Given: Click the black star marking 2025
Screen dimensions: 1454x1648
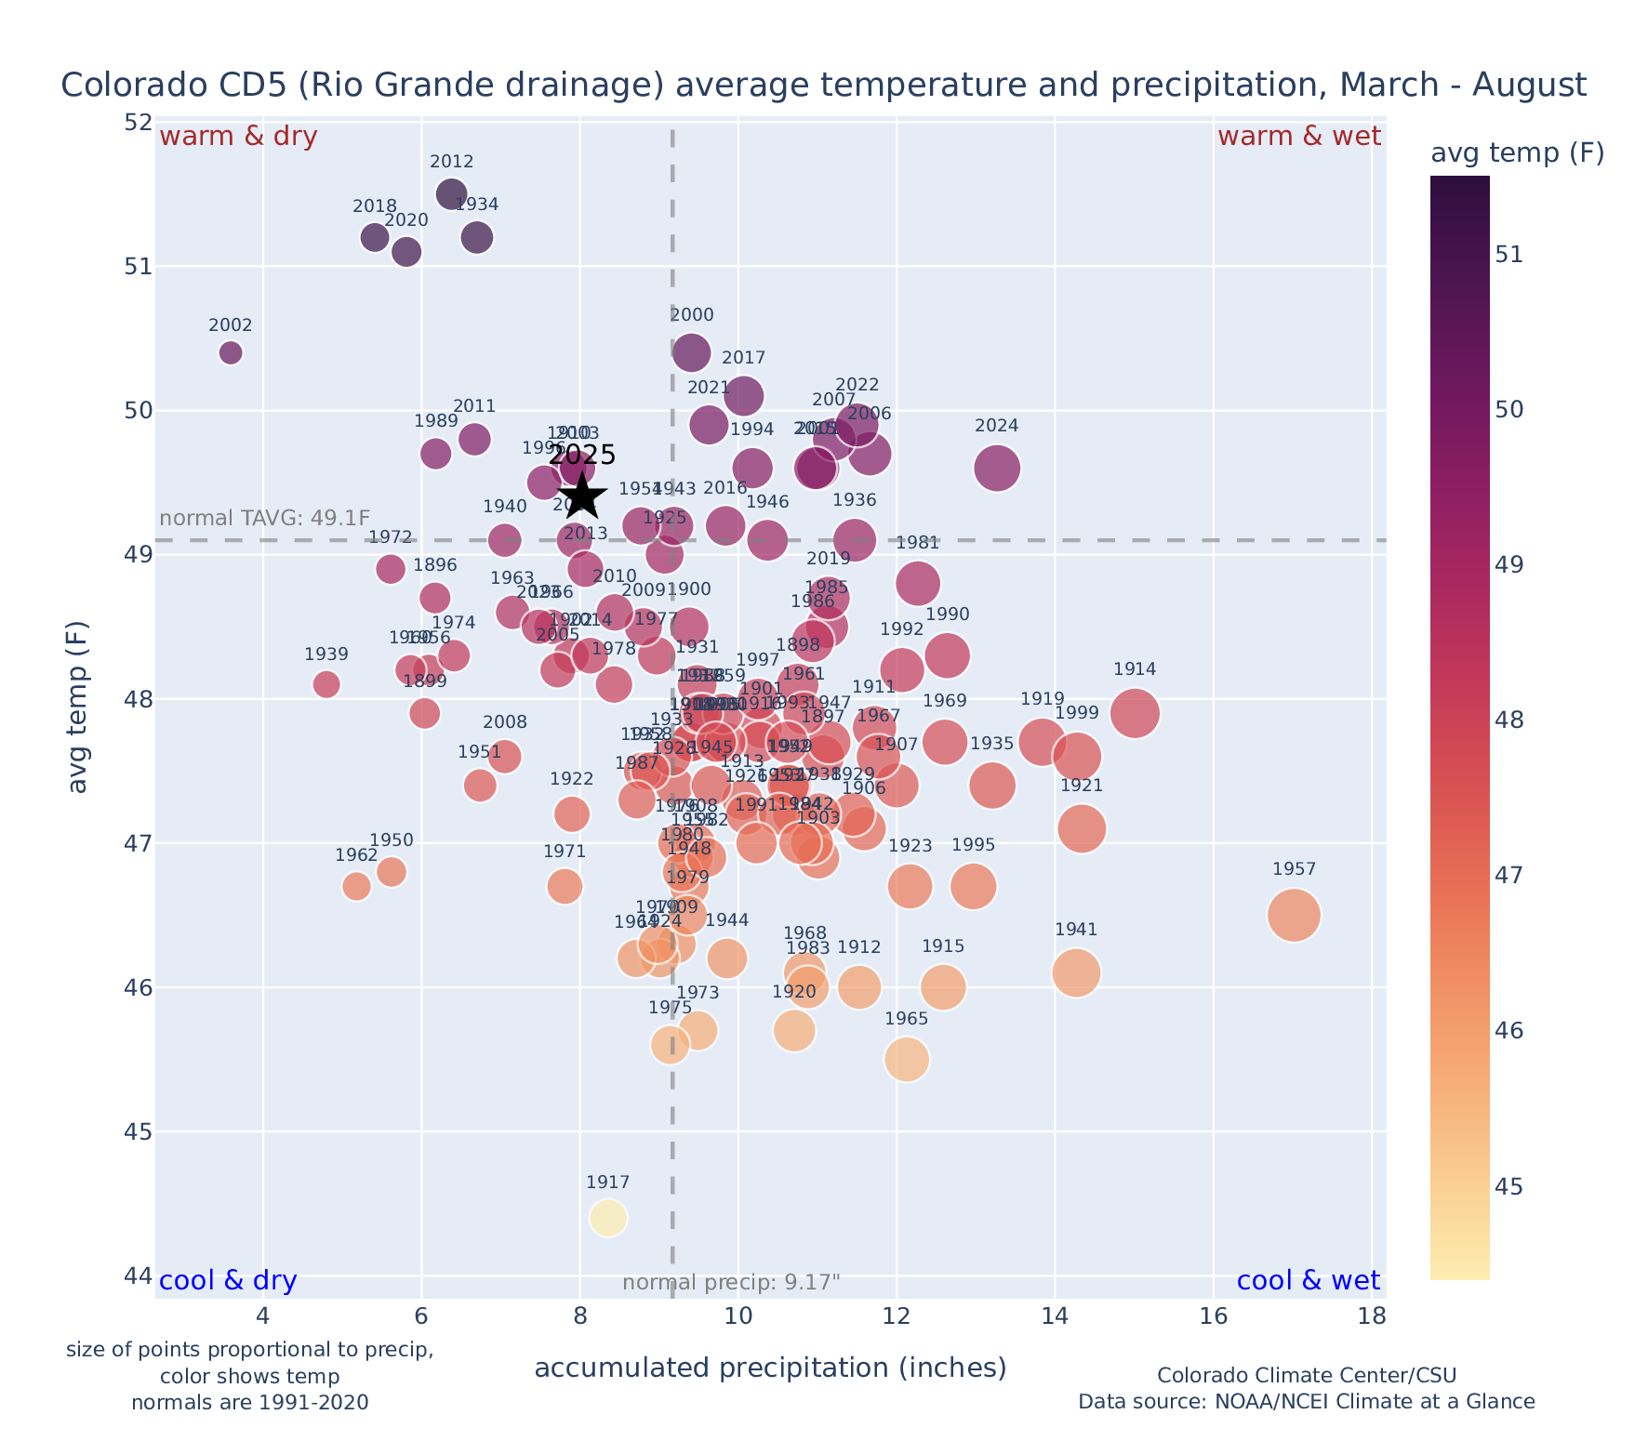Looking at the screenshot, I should pyautogui.click(x=582, y=496).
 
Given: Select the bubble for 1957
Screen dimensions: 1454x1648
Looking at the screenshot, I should pyautogui.click(x=1294, y=915).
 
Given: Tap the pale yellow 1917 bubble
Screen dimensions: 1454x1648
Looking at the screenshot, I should pyautogui.click(x=608, y=1217).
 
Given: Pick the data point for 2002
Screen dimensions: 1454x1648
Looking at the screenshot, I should pyautogui.click(x=231, y=352).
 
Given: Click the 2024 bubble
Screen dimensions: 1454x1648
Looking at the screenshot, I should pyautogui.click(x=997, y=468).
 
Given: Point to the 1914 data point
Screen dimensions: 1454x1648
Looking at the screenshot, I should pyautogui.click(x=1135, y=713).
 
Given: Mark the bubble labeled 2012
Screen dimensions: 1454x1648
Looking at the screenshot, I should pyautogui.click(x=452, y=194).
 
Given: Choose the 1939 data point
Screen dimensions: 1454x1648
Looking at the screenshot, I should pyautogui.click(x=326, y=684).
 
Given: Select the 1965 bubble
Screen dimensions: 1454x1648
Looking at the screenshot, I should pyautogui.click(x=907, y=1059).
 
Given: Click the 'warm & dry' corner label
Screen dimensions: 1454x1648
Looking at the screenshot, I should pyautogui.click(x=239, y=137).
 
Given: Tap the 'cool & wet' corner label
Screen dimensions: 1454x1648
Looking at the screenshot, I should pyautogui.click(x=1308, y=1281).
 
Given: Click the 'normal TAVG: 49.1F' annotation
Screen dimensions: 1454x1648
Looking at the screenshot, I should pyautogui.click(x=265, y=518).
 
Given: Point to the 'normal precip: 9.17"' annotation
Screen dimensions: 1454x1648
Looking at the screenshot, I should pyautogui.click(x=731, y=1283).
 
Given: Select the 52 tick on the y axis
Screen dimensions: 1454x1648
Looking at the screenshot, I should pyautogui.click(x=138, y=123).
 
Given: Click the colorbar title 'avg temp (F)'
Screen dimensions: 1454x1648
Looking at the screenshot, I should pyautogui.click(x=1517, y=153).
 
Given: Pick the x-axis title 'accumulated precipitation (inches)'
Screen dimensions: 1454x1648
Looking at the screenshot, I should pyautogui.click(x=770, y=1368).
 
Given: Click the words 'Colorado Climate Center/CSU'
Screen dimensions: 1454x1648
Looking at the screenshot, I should pyautogui.click(x=1306, y=1375).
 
